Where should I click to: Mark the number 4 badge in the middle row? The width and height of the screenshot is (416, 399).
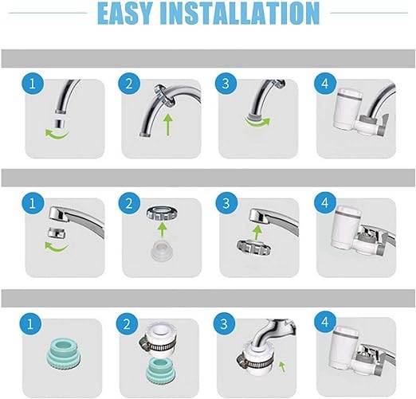324,204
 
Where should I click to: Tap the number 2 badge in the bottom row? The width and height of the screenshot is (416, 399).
128,325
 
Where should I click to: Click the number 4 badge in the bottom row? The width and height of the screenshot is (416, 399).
324,325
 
